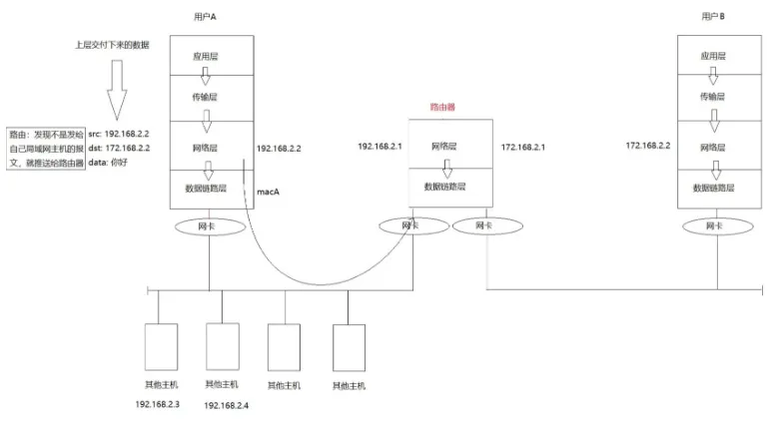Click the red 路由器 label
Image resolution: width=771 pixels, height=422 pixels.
coord(442,107)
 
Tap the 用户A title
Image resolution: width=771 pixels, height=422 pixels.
coord(205,17)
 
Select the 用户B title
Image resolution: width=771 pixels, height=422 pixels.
coord(713,16)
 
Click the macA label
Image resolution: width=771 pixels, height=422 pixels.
coord(268,192)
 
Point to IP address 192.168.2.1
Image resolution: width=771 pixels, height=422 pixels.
coord(380,146)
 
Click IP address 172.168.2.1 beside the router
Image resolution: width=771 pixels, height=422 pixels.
coord(522,147)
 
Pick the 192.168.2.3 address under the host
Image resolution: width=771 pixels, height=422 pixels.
coord(158,404)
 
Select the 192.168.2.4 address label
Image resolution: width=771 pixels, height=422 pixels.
coord(226,405)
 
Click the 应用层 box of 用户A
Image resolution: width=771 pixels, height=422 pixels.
coord(212,55)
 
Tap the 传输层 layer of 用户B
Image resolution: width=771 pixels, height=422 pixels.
coord(719,98)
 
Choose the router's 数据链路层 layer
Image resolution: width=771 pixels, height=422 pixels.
coord(450,188)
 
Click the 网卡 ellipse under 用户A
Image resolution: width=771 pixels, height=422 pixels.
coord(210,226)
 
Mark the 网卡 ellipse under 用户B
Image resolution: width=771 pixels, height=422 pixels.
coord(717,226)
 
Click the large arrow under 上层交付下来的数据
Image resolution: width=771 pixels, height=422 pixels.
coord(117,90)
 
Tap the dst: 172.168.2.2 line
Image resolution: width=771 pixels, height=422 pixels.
coord(119,148)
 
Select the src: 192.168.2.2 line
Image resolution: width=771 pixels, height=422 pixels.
coord(119,134)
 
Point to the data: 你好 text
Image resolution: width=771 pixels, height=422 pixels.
coord(108,163)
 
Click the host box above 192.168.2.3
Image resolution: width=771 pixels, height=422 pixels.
coord(161,347)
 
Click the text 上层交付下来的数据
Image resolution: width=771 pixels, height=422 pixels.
coord(112,45)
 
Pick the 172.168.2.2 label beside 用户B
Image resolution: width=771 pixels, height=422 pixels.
coord(647,146)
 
